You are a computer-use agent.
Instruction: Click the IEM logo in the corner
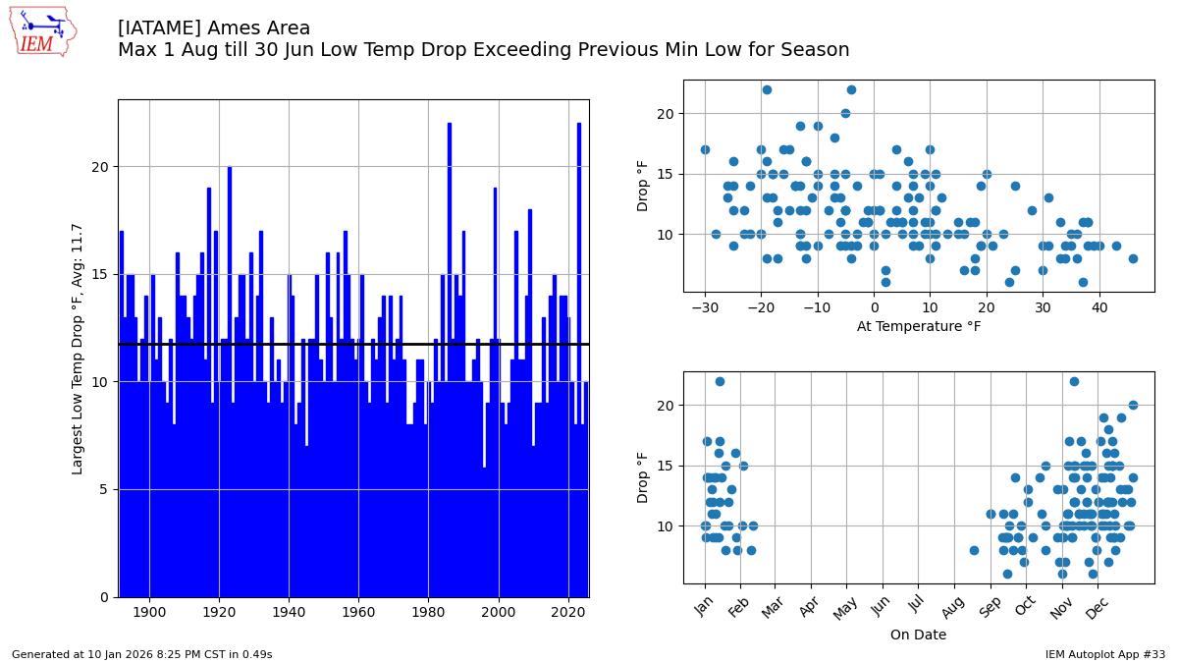42,31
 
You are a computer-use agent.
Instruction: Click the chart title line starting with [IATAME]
214,28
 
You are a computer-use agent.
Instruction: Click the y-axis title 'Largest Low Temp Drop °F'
78,349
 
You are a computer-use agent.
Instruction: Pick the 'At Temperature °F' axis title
918,326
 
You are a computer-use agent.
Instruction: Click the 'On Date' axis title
918,635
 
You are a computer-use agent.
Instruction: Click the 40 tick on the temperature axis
1099,307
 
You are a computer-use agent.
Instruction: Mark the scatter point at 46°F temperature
1133,259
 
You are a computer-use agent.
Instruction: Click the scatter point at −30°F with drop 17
705,150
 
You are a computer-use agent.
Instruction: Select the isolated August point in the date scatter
974,551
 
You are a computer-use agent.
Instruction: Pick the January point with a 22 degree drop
720,381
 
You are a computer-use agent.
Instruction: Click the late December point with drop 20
1133,406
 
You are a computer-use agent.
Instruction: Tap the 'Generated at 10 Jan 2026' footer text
142,654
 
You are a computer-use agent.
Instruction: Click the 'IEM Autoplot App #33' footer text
1105,654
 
